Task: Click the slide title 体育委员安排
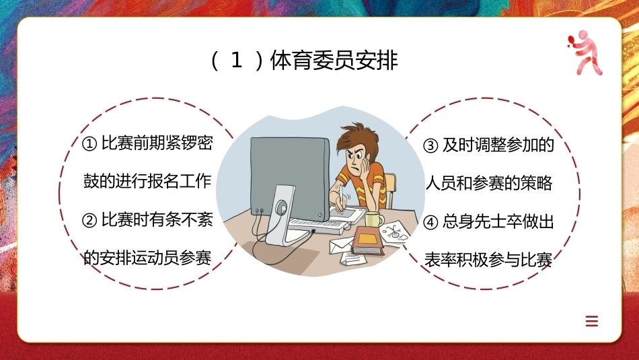(x=334, y=61)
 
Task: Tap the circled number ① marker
(x=89, y=144)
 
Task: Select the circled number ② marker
(x=89, y=221)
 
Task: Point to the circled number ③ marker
(x=430, y=145)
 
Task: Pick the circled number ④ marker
(x=430, y=223)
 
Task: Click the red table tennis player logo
(x=585, y=52)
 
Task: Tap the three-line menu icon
(x=592, y=321)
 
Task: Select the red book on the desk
(x=368, y=241)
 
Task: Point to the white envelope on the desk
(x=340, y=245)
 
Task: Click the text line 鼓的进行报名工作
(x=147, y=182)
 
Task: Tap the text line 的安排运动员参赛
(x=147, y=258)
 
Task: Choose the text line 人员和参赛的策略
(x=488, y=183)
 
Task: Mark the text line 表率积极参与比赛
(x=488, y=260)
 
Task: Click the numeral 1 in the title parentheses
(x=237, y=61)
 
